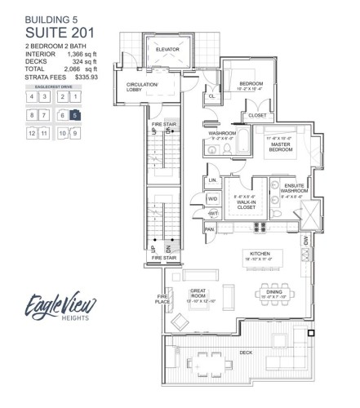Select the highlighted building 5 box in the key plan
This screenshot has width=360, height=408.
76,116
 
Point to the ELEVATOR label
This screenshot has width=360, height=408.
167,49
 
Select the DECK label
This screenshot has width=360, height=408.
246,351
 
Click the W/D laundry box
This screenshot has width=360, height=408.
213,197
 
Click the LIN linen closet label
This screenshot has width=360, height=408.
212,179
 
